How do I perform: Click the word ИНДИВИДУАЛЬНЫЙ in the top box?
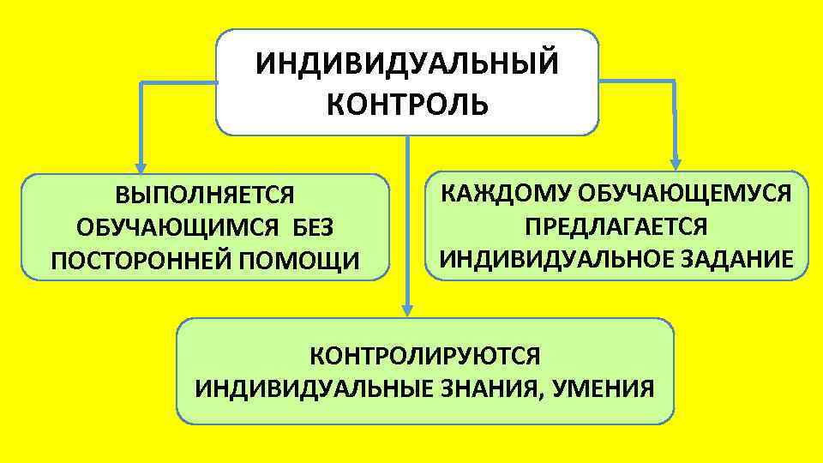point(407,64)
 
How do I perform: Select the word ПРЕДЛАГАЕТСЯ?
point(616,225)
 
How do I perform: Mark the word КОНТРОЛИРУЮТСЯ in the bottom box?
point(424,356)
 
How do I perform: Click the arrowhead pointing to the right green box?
point(676,162)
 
